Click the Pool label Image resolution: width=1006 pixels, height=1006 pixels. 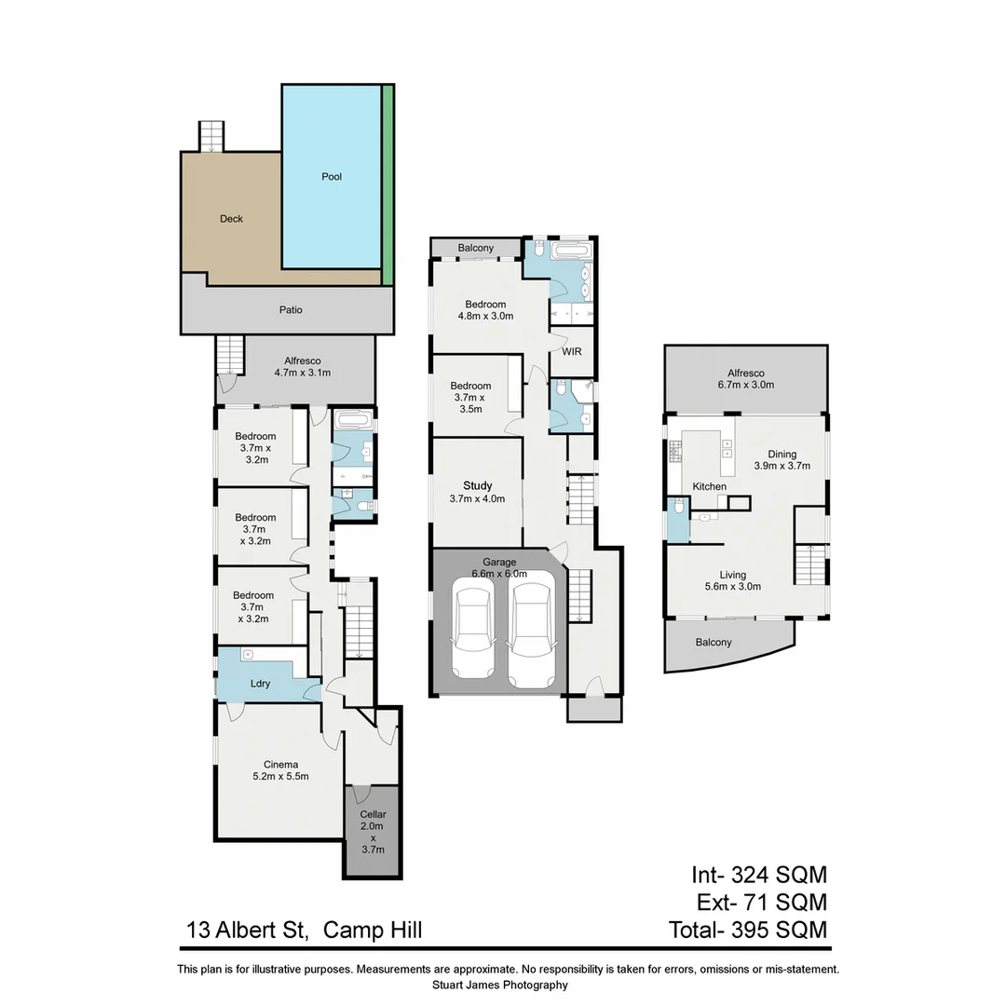(332, 176)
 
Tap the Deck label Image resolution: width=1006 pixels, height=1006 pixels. (231, 219)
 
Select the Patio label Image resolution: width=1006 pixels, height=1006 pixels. (291, 310)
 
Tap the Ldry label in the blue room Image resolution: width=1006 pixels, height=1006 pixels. (260, 684)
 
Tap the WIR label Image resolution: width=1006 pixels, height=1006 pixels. (572, 353)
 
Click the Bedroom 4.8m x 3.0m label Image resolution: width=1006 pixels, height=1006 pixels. (485, 310)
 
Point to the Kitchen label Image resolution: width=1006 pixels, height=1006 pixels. (709, 487)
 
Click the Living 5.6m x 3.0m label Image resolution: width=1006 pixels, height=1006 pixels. (732, 580)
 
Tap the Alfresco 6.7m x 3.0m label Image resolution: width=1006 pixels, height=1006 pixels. (745, 378)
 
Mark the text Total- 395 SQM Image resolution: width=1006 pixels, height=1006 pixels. (747, 929)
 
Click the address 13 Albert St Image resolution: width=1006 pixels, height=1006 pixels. (249, 929)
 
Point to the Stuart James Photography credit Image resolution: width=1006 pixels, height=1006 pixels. (500, 985)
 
